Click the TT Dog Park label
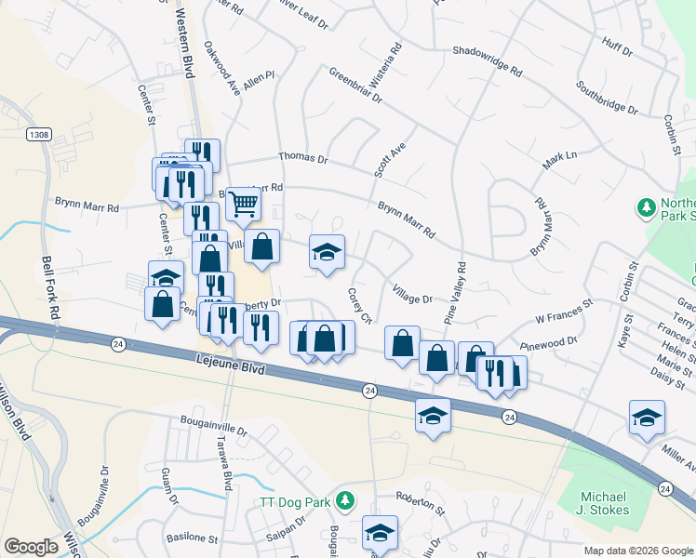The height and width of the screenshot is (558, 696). click(294, 503)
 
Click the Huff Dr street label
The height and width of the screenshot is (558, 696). click(617, 43)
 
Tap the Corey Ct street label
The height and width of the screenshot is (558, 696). click(359, 305)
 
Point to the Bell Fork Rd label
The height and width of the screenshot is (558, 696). click(52, 288)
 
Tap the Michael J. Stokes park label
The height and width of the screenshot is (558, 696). click(603, 502)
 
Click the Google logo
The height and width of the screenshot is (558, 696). click(31, 547)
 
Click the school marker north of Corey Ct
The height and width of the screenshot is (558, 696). click(327, 253)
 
